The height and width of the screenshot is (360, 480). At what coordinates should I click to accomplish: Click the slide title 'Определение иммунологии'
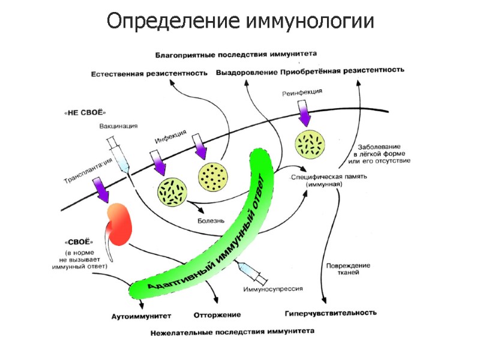coord(240,22)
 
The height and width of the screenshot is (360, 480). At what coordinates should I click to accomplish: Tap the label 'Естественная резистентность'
coord(149,73)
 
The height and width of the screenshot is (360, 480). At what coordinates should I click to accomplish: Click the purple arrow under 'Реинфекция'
coord(304,110)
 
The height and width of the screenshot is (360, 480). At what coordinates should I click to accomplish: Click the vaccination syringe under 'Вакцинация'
coord(118,152)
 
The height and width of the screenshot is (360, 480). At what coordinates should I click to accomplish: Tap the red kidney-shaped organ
coord(121,224)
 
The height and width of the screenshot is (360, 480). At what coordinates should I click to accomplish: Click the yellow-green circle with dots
coord(213,175)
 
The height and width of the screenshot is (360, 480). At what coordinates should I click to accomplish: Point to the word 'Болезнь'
coord(211,220)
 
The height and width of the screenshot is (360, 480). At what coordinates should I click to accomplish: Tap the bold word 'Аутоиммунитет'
coord(142,315)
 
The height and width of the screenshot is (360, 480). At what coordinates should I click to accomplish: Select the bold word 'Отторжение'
coord(217,314)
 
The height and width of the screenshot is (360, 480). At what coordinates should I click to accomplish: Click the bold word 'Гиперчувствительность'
coord(331,313)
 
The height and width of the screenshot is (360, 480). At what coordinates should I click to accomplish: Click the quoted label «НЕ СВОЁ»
coord(83,112)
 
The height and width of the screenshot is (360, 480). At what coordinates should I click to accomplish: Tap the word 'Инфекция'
coord(170,136)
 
